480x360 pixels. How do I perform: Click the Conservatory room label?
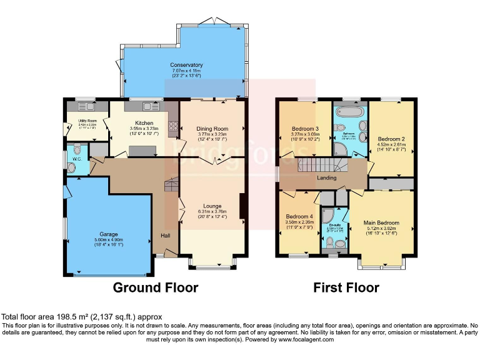186,65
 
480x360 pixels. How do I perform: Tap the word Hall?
166,236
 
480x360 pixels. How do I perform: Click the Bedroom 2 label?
392,139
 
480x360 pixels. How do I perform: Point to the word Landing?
326,178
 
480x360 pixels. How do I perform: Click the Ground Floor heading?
155,288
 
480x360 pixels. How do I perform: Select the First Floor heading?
346,288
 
